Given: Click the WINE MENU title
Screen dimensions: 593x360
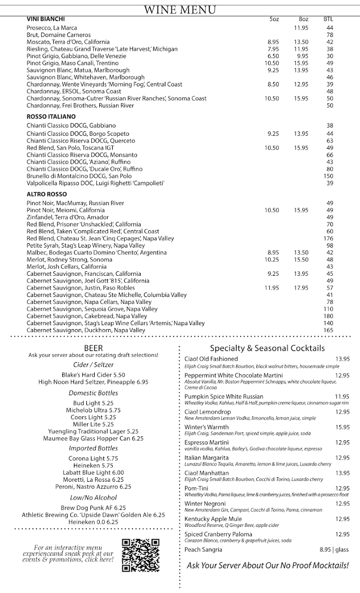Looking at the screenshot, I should pyautogui.click(x=180, y=9).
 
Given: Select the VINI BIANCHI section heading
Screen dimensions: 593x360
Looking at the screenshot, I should pyautogui.click(x=46, y=19).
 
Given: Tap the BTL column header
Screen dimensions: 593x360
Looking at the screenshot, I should pyautogui.click(x=328, y=19).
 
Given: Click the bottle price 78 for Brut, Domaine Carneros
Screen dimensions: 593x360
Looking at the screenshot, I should pyautogui.click(x=330, y=35).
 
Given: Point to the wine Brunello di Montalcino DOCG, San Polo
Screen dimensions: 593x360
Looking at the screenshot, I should pyautogui.click(x=79, y=176).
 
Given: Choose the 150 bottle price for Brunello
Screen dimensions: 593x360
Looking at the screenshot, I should pyautogui.click(x=328, y=176).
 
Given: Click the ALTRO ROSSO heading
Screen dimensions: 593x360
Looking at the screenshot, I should pyautogui.click(x=46, y=194).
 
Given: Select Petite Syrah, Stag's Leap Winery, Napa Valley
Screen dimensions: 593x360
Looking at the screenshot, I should pyautogui.click(x=85, y=246).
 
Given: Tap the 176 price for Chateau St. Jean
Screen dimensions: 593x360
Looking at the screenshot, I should pyautogui.click(x=328, y=239).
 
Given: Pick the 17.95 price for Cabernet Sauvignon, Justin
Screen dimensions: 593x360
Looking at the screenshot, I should pyautogui.click(x=301, y=288).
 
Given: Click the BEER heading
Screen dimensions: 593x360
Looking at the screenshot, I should pyautogui.click(x=93, y=348).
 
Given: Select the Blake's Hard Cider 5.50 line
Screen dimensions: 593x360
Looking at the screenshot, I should pyautogui.click(x=93, y=375).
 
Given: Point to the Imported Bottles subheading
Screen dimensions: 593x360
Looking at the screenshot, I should pyautogui.click(x=93, y=448).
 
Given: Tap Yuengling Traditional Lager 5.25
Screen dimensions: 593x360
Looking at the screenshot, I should pyautogui.click(x=93, y=431).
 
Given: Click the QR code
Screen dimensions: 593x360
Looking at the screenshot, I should pyautogui.click(x=141, y=555).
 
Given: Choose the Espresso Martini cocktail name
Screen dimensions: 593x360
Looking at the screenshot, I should pyautogui.click(x=206, y=442).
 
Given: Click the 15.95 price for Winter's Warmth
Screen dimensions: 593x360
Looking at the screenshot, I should pyautogui.click(x=342, y=427).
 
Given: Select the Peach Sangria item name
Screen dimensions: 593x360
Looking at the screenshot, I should pyautogui.click(x=203, y=550).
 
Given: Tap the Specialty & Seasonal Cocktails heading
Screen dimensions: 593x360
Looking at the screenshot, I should pyautogui.click(x=267, y=348).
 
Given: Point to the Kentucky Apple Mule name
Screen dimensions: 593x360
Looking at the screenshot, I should pyautogui.click(x=213, y=519).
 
